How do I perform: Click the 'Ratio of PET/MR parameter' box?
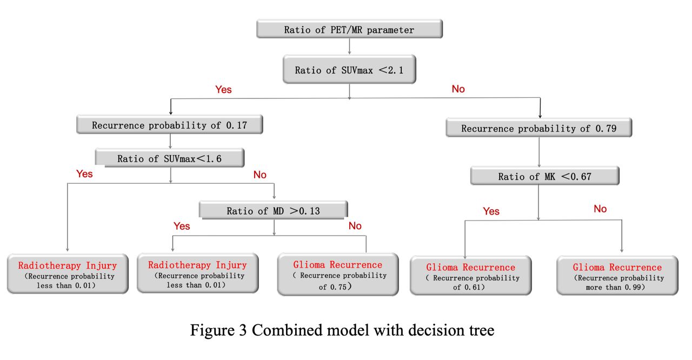349,29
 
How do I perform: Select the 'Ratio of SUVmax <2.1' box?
349,70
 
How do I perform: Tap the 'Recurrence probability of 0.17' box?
170,125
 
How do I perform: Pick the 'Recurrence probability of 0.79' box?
539,128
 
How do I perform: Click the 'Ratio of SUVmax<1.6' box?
170,158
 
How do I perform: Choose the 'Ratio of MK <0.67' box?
545,176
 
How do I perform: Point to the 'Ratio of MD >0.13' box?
274,210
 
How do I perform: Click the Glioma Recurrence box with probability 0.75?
338,275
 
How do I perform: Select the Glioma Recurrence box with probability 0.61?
471,276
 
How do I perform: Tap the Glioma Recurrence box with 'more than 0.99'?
617,276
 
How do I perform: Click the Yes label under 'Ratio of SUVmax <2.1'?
223,90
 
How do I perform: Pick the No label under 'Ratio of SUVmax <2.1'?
458,89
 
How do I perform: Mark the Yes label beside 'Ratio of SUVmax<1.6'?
84,174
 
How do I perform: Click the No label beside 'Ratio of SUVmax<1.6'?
260,175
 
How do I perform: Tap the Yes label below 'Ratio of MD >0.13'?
182,226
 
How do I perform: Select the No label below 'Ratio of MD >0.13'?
355,226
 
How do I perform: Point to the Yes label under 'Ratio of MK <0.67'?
491,211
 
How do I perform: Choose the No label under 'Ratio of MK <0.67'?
600,209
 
